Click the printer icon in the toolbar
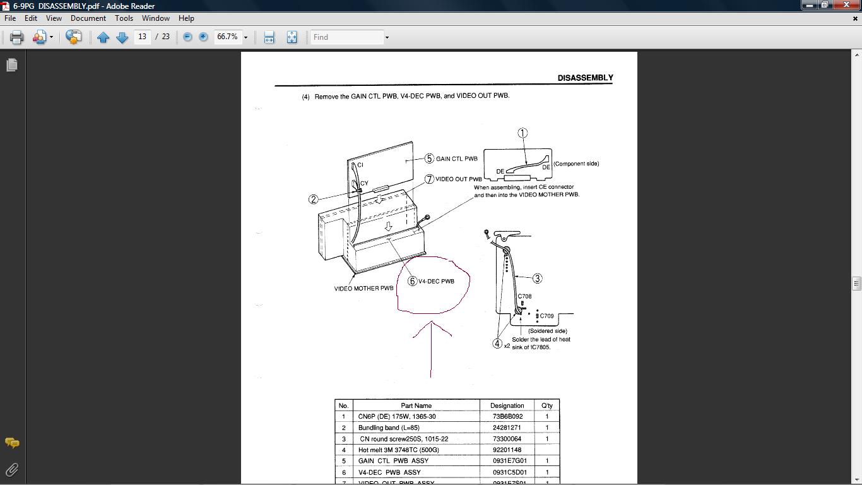[16, 37]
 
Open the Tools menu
[124, 18]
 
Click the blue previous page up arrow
[103, 37]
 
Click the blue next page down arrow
[122, 37]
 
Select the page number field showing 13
[143, 37]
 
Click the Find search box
[347, 37]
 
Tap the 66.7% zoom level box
[227, 37]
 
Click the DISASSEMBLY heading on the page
[586, 78]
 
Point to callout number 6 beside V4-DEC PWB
[412, 281]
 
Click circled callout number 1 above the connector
[523, 133]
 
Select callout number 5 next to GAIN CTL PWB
[429, 159]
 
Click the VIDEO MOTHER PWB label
[363, 288]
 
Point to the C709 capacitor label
[546, 316]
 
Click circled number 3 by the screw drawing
[537, 278]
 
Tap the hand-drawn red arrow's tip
[432, 321]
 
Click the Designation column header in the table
[507, 405]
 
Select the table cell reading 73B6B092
[507, 416]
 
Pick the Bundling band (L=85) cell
[389, 428]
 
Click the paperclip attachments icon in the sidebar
[12, 470]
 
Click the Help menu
[186, 18]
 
